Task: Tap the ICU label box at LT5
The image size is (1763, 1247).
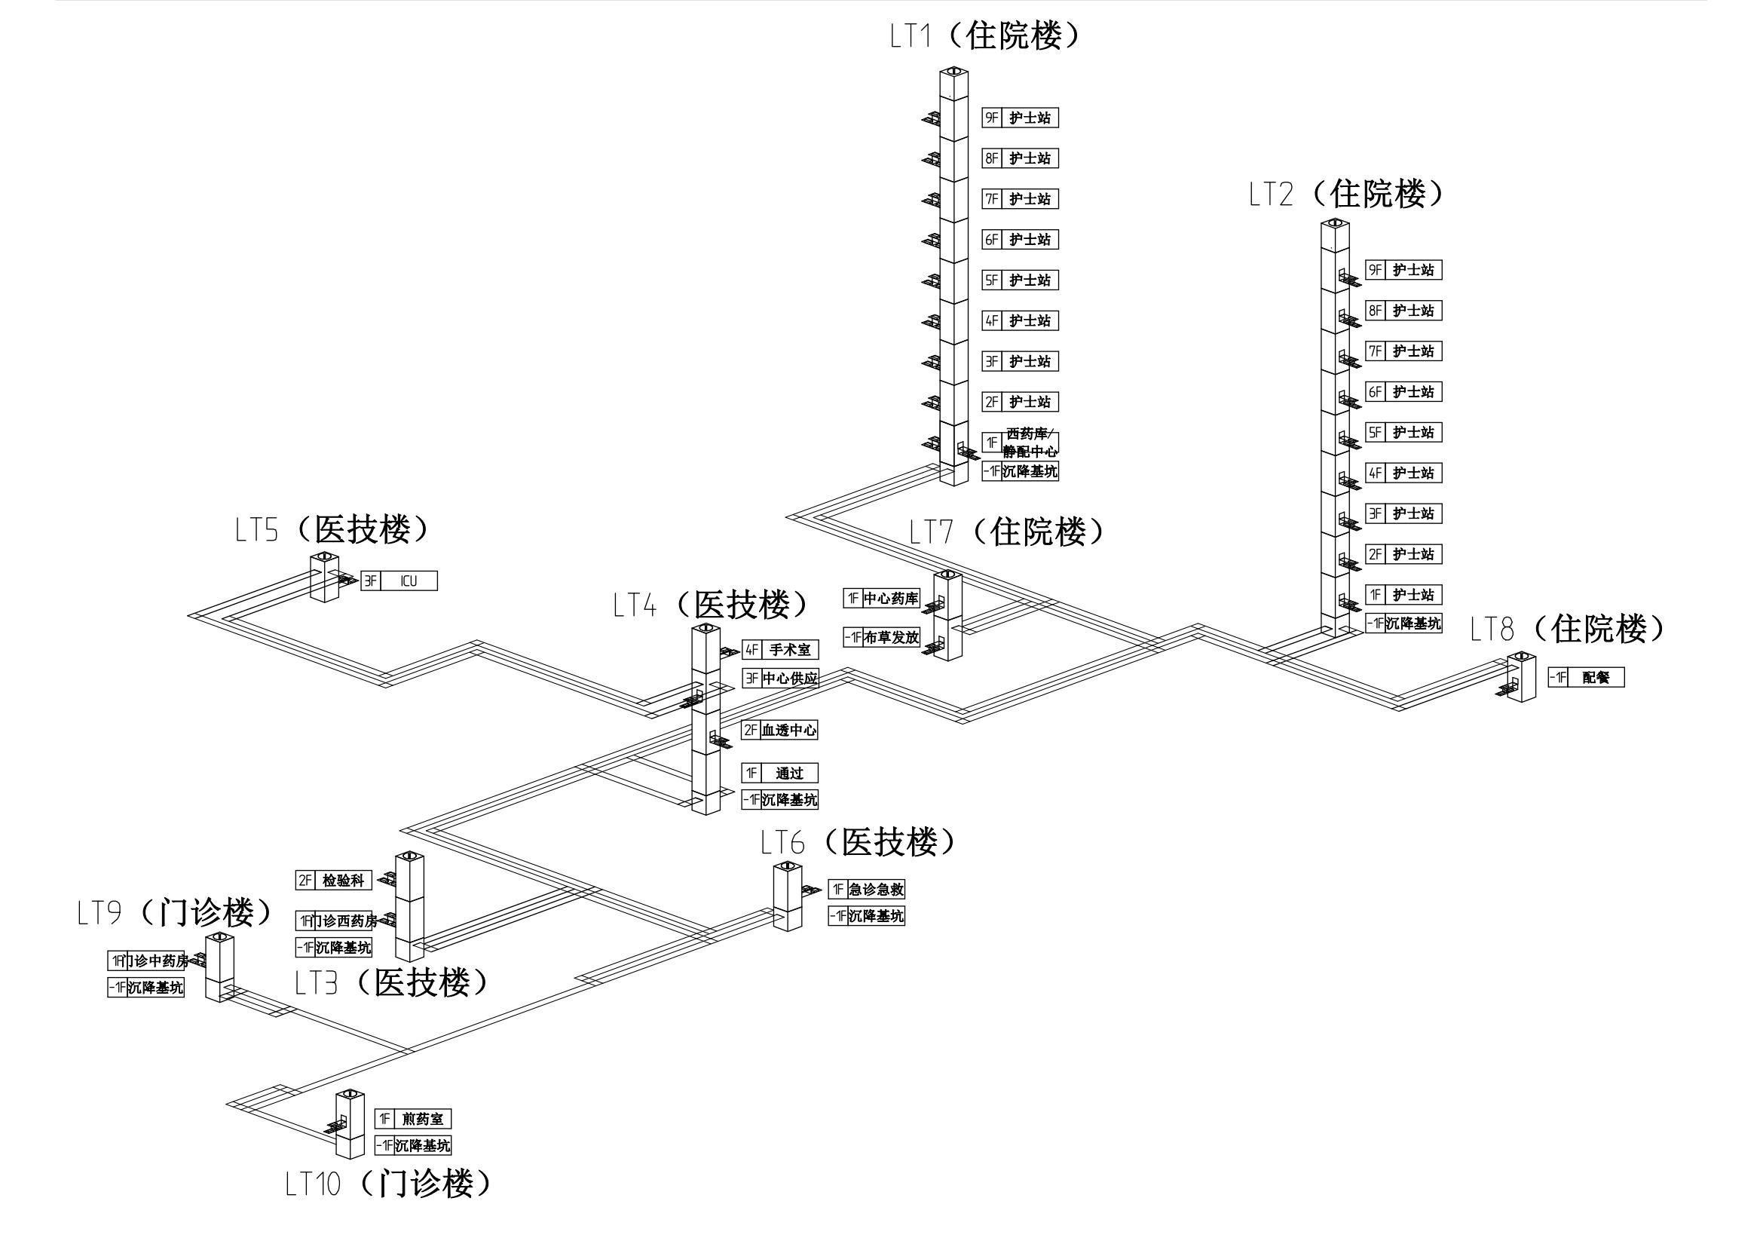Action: point(409,581)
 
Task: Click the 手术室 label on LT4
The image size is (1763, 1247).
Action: point(789,650)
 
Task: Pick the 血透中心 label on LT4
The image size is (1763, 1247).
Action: point(788,731)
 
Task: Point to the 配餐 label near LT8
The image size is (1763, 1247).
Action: point(1595,677)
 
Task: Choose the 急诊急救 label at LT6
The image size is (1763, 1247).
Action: point(875,890)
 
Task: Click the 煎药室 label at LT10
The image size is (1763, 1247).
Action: point(421,1120)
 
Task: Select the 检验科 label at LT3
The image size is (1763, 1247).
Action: point(342,881)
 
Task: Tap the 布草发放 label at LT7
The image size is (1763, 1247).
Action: point(891,637)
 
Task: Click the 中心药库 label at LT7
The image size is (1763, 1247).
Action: point(891,599)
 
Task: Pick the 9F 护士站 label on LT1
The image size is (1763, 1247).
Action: point(1029,118)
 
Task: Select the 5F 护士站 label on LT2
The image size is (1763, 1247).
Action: point(1413,433)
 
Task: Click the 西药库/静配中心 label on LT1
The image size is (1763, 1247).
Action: point(1030,443)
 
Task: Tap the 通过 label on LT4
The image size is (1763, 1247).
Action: point(788,774)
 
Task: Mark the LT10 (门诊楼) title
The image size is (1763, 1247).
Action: point(387,1183)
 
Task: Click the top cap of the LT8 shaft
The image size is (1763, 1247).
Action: point(1521,657)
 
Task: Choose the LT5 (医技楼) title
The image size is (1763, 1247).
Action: point(332,530)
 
